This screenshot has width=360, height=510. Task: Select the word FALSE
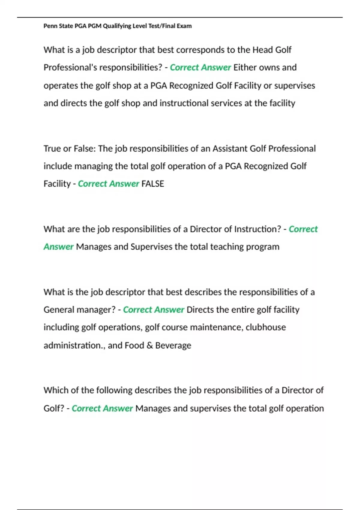(153, 184)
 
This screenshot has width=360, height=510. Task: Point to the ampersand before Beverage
(150, 345)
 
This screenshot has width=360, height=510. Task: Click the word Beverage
(173, 345)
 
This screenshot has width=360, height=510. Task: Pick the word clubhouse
(265, 327)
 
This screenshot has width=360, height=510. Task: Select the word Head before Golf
(262, 50)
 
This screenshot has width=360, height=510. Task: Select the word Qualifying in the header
(117, 26)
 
